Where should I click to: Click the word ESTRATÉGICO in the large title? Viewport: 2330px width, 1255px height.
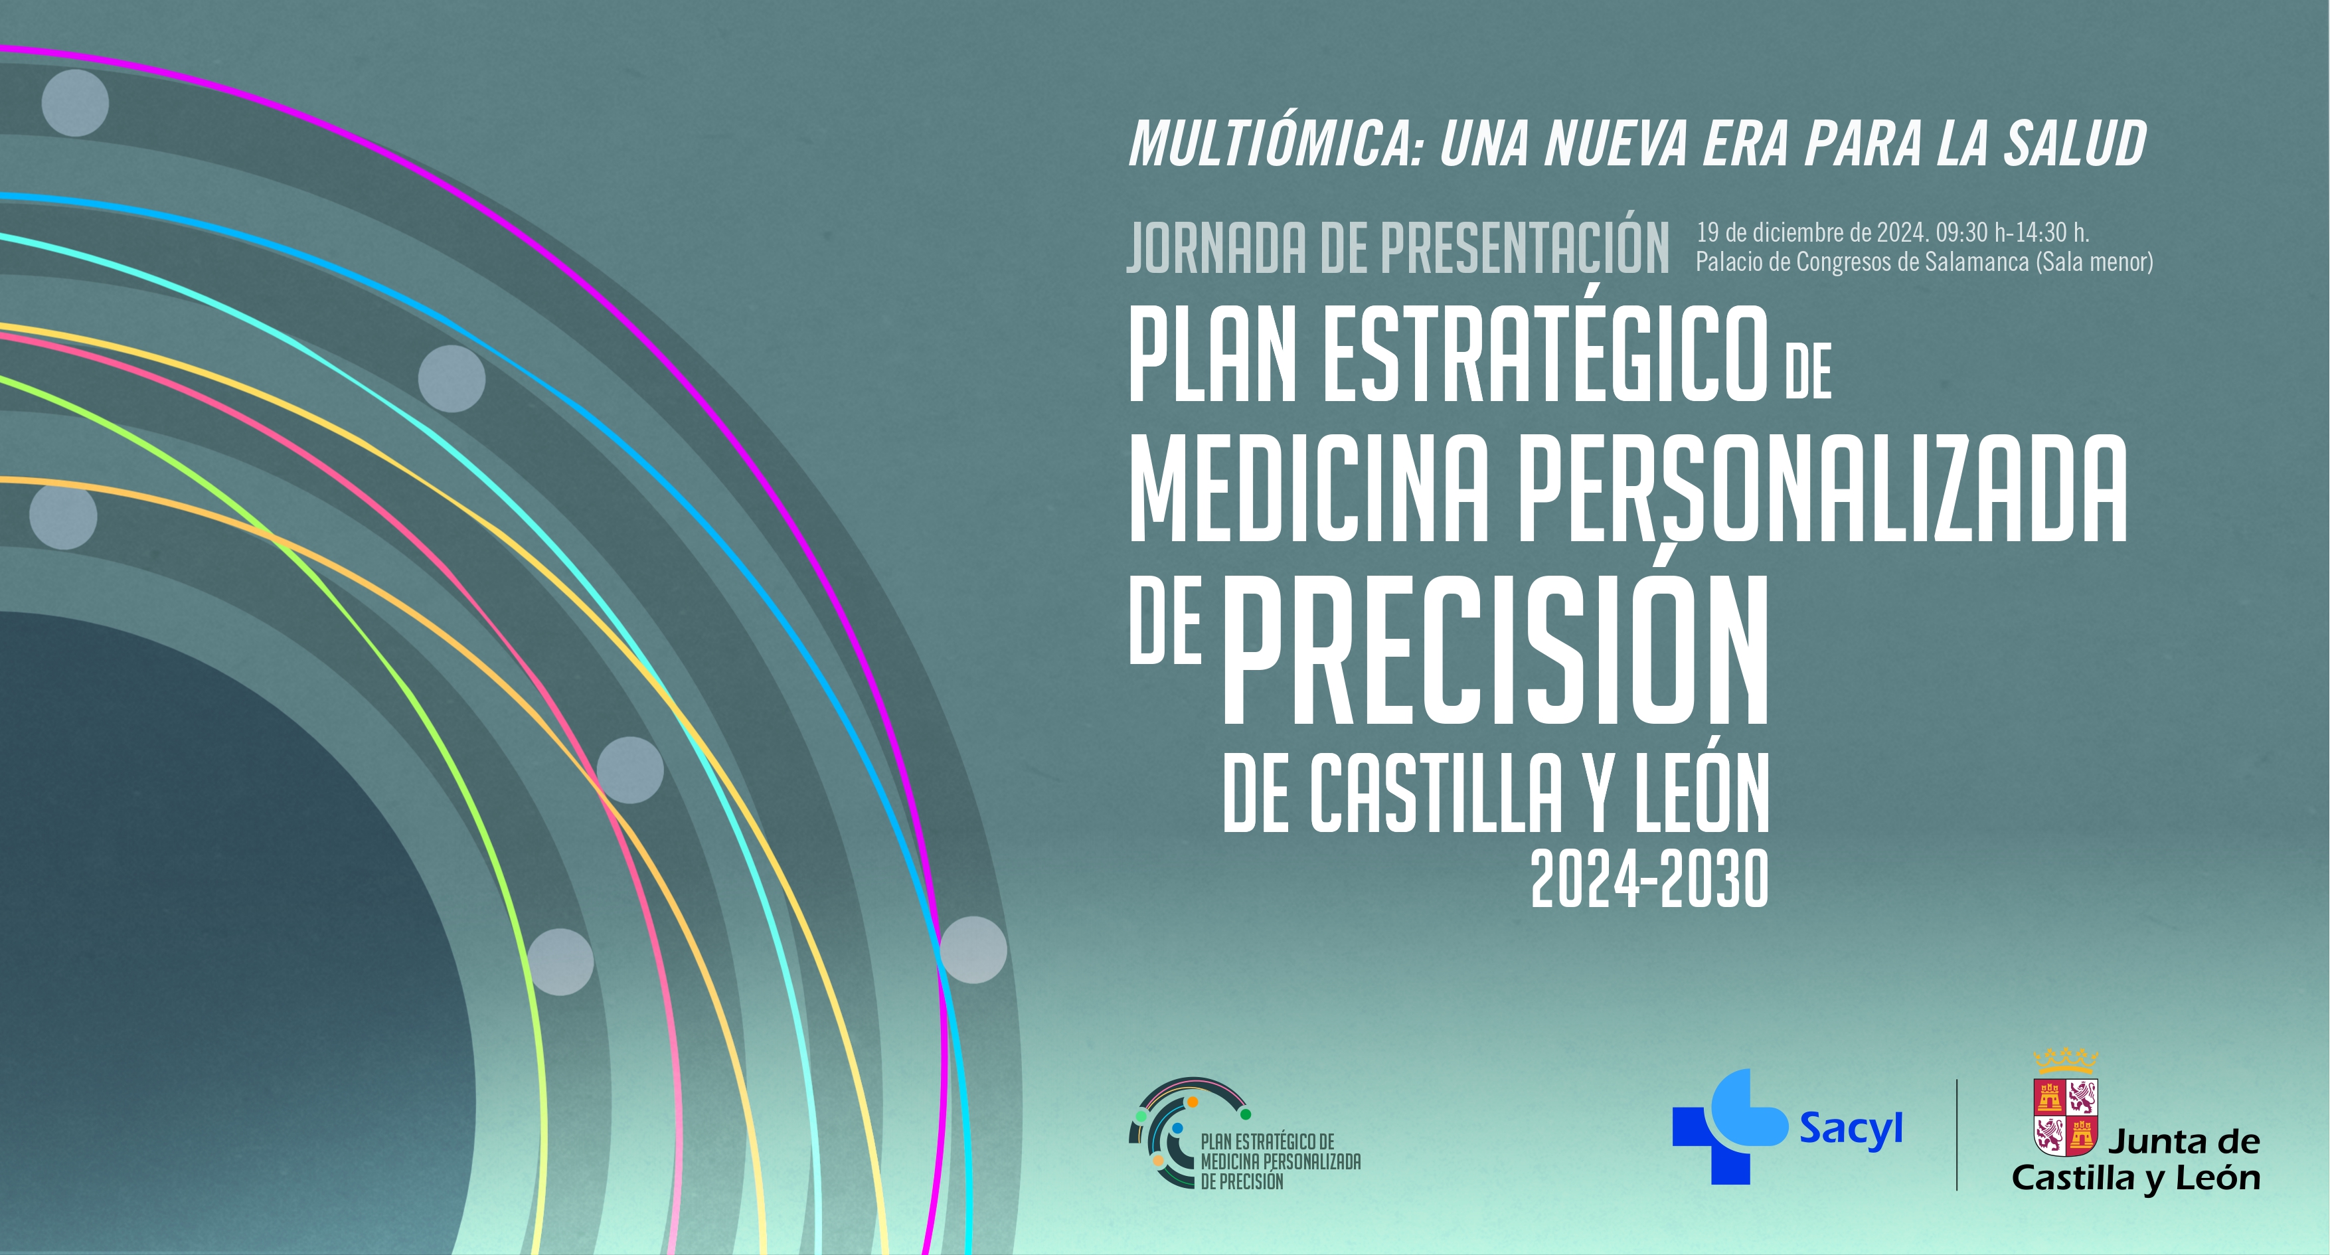[x=1546, y=355]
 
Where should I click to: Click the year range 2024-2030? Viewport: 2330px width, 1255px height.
[x=1648, y=880]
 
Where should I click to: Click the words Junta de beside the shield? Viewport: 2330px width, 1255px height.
[x=2183, y=1142]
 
